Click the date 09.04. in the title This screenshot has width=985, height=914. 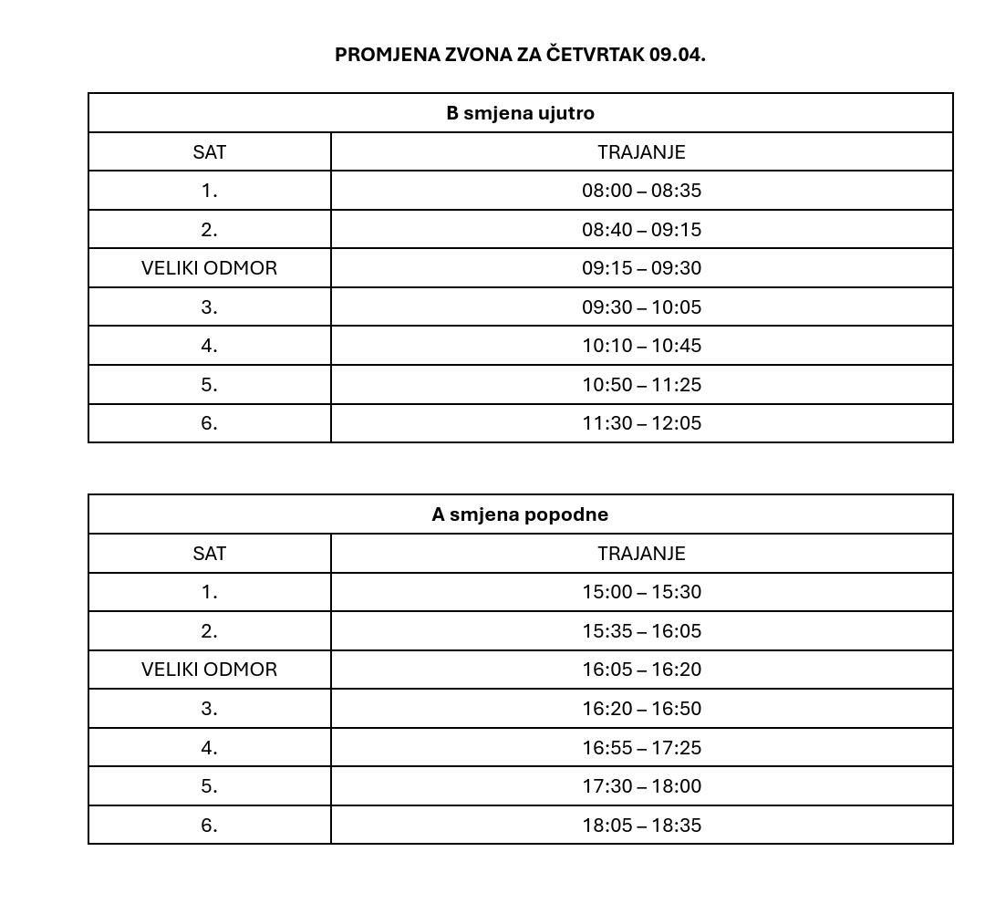[x=678, y=54]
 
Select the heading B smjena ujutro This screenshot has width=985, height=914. [x=520, y=113]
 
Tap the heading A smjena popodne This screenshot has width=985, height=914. [x=520, y=514]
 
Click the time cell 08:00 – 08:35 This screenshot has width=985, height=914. [x=641, y=191]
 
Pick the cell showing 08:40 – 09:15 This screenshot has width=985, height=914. [x=641, y=230]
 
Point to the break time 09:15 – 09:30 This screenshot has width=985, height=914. [x=641, y=268]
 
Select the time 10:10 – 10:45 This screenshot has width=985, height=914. [x=641, y=346]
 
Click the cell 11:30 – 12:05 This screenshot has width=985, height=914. [x=641, y=423]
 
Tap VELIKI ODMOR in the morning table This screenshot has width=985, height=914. [x=209, y=268]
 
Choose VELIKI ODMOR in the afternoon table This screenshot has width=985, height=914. [x=209, y=670]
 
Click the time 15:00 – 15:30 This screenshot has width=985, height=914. [x=641, y=592]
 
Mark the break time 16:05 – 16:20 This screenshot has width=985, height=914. [x=641, y=670]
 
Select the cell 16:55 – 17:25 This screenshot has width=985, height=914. [x=641, y=748]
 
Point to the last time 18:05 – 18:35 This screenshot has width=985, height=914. [x=641, y=826]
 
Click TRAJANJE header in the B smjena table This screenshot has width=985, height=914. [x=641, y=152]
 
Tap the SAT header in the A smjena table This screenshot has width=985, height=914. [x=209, y=554]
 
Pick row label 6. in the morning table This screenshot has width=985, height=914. [x=209, y=423]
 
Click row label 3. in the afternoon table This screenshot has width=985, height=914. [x=209, y=709]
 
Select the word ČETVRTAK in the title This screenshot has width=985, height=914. [x=596, y=54]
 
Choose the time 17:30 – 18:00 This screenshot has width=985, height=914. [x=641, y=786]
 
